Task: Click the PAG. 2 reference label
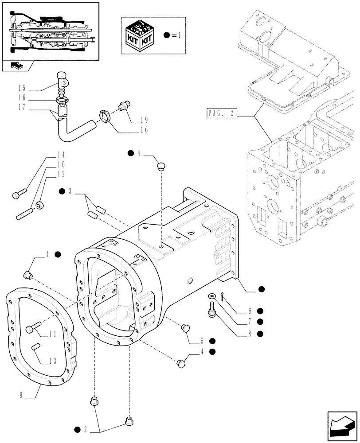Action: pos(221,114)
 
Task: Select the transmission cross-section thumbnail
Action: pos(50,31)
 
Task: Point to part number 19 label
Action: pos(144,120)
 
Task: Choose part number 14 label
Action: pos(60,155)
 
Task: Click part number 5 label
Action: pos(201,341)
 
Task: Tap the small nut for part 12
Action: pos(40,205)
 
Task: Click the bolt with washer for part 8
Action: pos(211,309)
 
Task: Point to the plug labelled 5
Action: pos(185,328)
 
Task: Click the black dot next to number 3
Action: pos(62,191)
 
